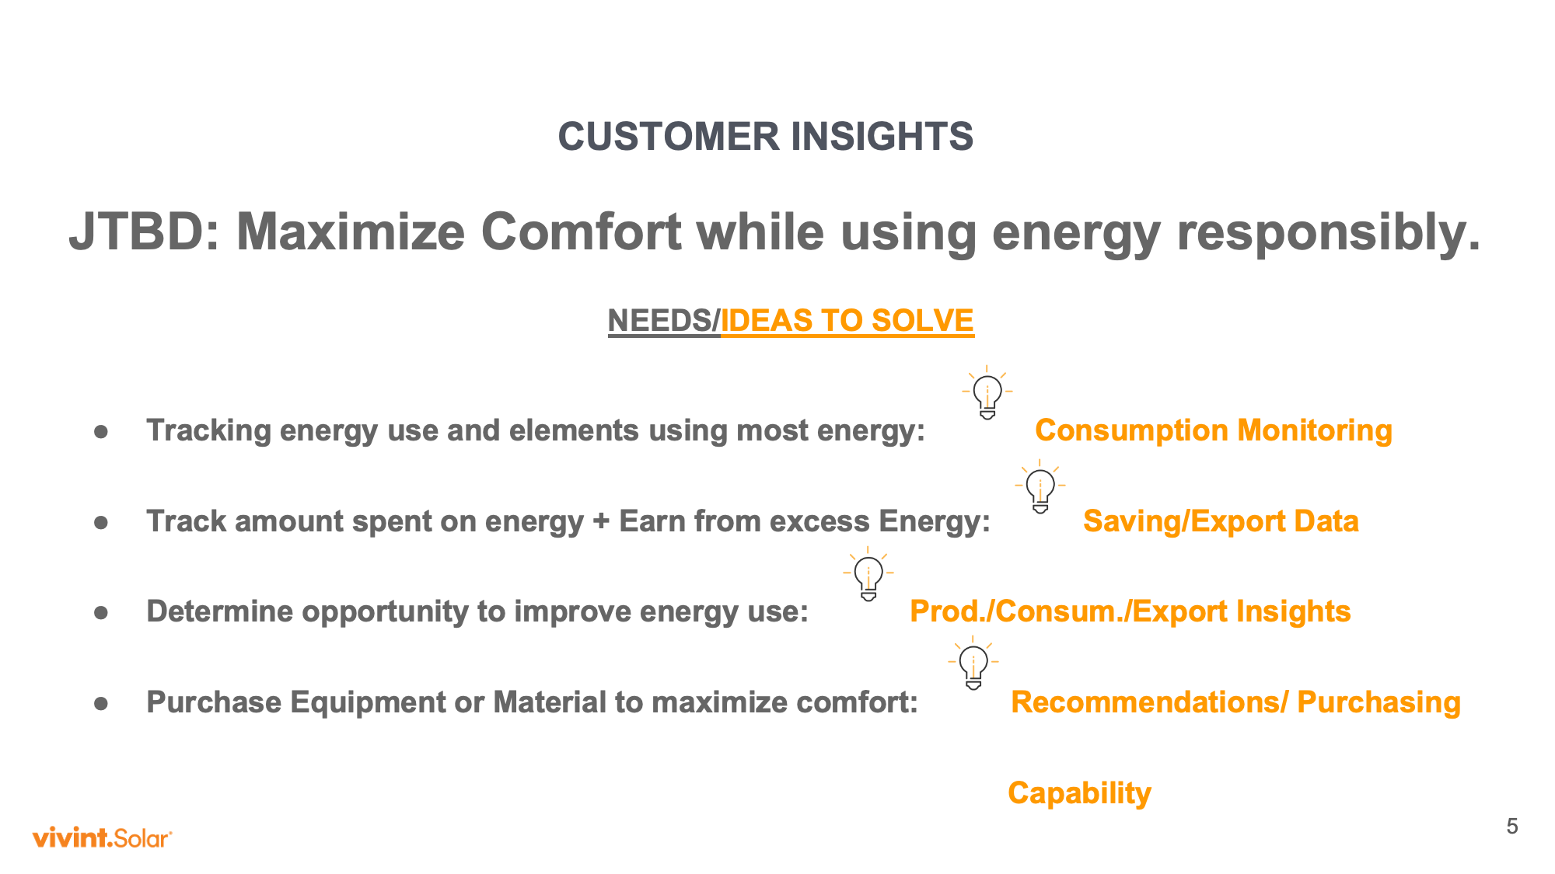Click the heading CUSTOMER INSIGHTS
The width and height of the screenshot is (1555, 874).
click(x=766, y=137)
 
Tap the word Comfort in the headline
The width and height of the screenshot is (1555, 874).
click(x=581, y=232)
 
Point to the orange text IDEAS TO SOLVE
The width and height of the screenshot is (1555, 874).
click(x=847, y=321)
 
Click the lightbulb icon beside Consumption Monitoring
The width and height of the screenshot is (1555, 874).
click(x=987, y=392)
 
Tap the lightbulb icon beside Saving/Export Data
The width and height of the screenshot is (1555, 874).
click(x=1040, y=486)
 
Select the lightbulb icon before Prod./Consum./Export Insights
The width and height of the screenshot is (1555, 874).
click(x=868, y=574)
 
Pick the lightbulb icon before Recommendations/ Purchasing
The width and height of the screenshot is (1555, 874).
click(x=973, y=663)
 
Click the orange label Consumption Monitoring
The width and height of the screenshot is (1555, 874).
click(x=1214, y=430)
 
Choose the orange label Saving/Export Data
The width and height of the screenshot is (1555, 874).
click(x=1221, y=521)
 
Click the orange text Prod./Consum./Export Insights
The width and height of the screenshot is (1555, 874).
click(x=1130, y=611)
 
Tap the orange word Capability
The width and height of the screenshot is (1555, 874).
click(x=1079, y=793)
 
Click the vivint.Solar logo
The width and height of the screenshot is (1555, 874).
click(x=102, y=837)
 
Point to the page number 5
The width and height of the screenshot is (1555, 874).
click(x=1511, y=827)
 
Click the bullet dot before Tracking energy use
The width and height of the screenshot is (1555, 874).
click(x=101, y=431)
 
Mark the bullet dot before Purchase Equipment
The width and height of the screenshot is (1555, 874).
click(x=101, y=703)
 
